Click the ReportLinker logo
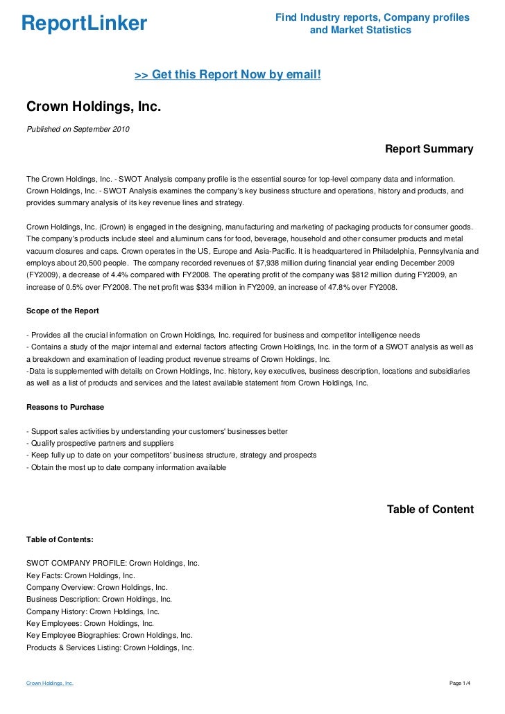tap(84, 24)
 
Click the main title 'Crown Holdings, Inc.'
tap(93, 107)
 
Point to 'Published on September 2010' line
tap(77, 129)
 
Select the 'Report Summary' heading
tap(429, 149)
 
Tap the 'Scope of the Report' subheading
tap(62, 311)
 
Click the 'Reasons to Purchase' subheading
tap(65, 407)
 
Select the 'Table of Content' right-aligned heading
tap(430, 510)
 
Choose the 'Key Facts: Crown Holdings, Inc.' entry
tap(80, 575)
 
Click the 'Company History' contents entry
tap(92, 611)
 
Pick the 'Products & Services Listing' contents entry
tap(110, 647)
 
